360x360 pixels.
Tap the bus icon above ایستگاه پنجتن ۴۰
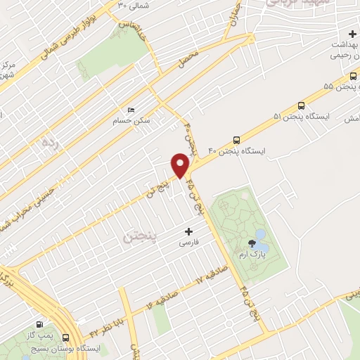pyautogui.click(x=236, y=139)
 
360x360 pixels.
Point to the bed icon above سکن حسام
pyautogui.click(x=131, y=110)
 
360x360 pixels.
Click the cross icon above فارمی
pyautogui.click(x=188, y=231)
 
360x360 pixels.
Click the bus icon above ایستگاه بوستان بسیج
pyautogui.click(x=67, y=337)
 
